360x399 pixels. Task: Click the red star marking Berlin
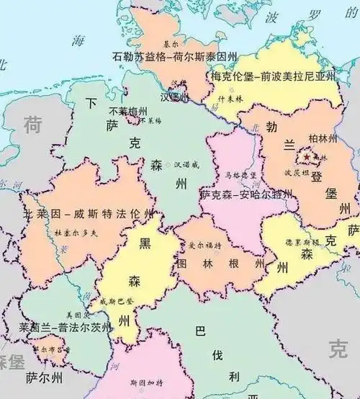pos(307,156)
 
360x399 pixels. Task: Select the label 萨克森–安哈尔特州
pos(247,194)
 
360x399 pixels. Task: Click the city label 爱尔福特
pos(205,246)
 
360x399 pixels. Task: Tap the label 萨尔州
pos(44,377)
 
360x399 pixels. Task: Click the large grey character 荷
pos(33,125)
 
